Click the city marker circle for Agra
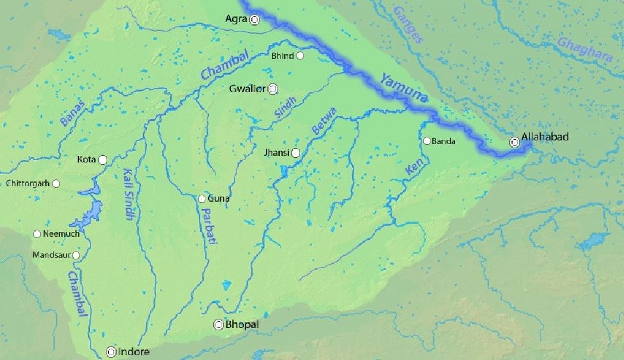click(254, 20)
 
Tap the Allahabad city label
click(545, 137)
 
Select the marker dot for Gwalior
click(273, 89)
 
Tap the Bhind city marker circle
click(300, 56)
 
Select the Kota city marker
click(103, 159)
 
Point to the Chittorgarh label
click(27, 183)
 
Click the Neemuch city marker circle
click(37, 234)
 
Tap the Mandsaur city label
click(52, 255)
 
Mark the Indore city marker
click(110, 352)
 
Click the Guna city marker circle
click(202, 199)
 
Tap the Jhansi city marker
click(295, 153)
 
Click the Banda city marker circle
click(427, 141)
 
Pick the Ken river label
click(413, 166)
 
